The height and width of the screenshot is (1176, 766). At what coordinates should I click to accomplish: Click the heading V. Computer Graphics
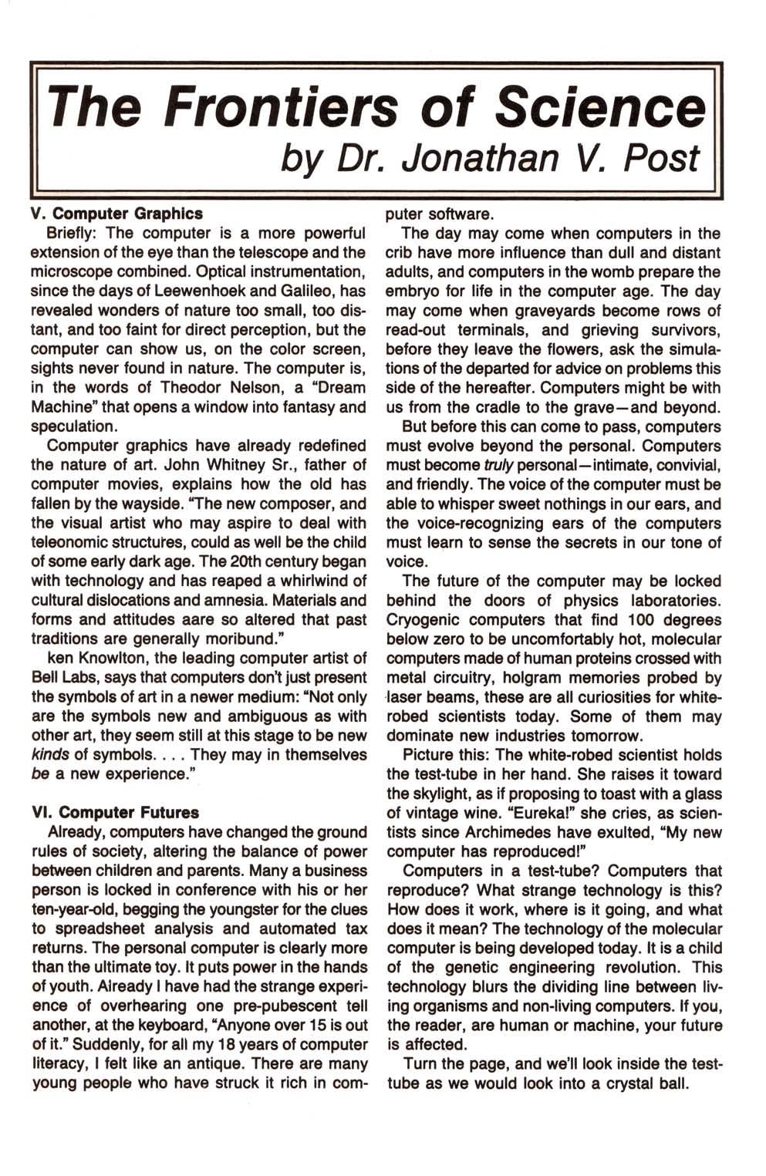(116, 214)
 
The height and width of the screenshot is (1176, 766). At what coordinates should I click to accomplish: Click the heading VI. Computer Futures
(116, 813)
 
